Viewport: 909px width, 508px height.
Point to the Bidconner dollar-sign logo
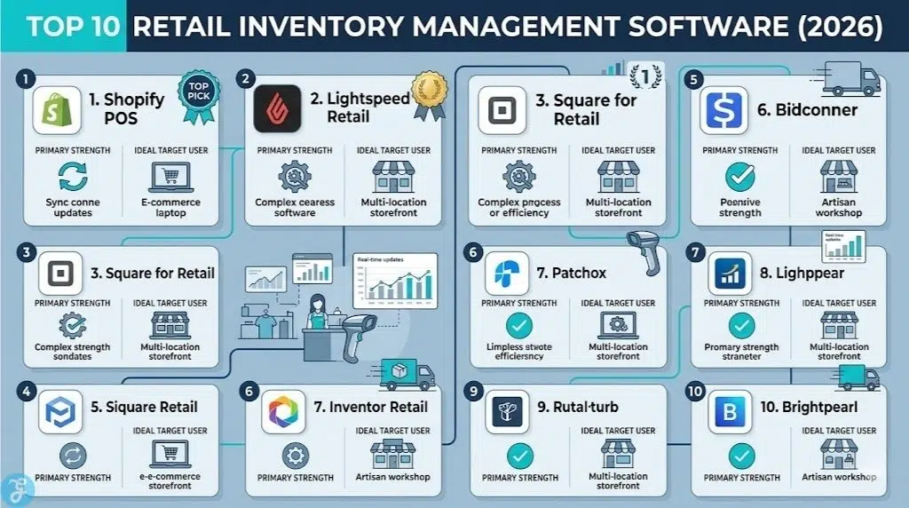point(724,110)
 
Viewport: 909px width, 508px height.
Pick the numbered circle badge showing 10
point(695,392)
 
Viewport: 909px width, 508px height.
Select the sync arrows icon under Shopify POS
point(72,177)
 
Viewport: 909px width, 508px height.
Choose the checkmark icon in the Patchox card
point(518,324)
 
